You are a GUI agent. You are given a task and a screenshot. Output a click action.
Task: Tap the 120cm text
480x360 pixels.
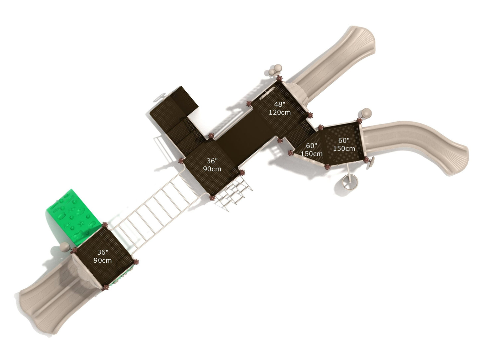tap(280, 113)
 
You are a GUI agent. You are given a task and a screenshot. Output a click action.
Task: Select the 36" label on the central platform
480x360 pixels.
tap(212, 161)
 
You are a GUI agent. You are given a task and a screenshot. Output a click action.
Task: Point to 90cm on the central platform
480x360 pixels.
tap(212, 169)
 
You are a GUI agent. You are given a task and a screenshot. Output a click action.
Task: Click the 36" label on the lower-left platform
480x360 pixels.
tap(103, 252)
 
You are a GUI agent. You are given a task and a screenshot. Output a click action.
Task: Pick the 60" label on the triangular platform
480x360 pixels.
tap(311, 145)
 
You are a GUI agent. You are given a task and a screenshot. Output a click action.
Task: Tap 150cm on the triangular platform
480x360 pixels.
tap(311, 154)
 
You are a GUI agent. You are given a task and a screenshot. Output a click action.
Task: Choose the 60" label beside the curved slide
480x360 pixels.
tap(344, 140)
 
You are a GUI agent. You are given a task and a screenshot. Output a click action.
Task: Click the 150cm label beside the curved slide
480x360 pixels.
tap(344, 148)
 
